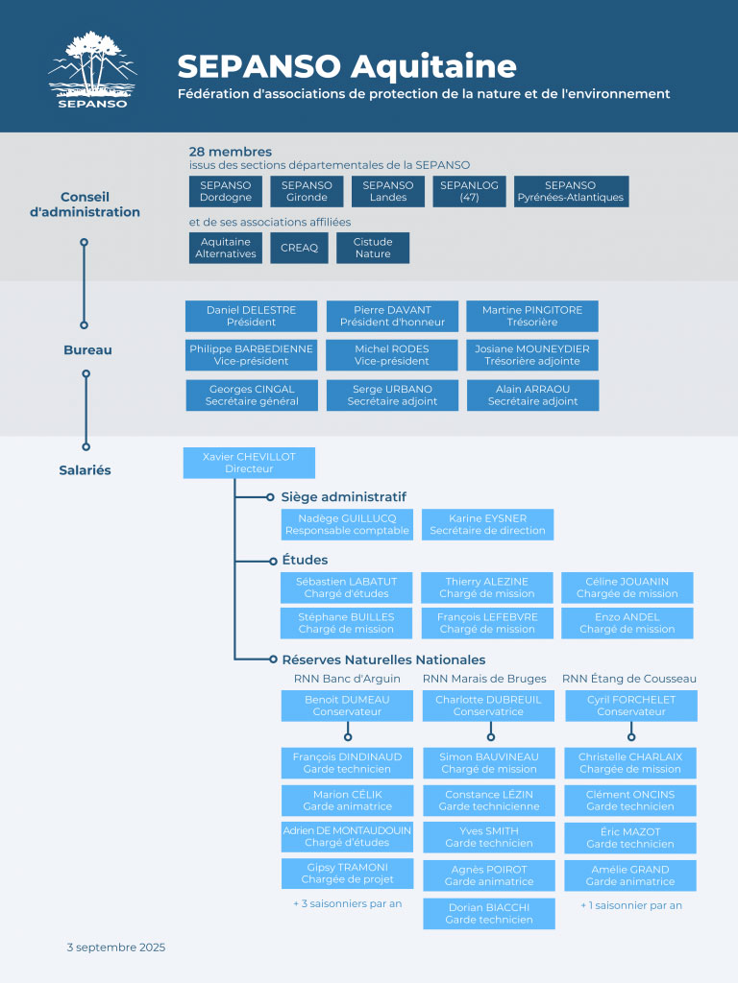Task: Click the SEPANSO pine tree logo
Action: point(92,70)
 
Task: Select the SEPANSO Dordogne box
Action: point(226,191)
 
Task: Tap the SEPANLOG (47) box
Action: point(469,191)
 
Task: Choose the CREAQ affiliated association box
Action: point(299,248)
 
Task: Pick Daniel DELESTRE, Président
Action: point(252,316)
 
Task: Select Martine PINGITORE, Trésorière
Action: point(532,316)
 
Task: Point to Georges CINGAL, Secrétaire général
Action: point(252,395)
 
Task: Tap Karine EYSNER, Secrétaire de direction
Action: point(487,524)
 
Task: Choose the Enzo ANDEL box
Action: point(627,622)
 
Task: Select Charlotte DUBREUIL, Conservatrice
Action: point(488,706)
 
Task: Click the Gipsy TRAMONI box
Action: point(347,873)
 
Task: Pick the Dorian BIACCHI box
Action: point(488,913)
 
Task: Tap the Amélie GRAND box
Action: point(629,875)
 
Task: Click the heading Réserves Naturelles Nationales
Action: point(383,659)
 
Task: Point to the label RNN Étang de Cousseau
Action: point(629,679)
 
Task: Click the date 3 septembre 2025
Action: point(116,947)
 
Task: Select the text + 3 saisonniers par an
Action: point(347,904)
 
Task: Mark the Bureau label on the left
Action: point(87,350)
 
